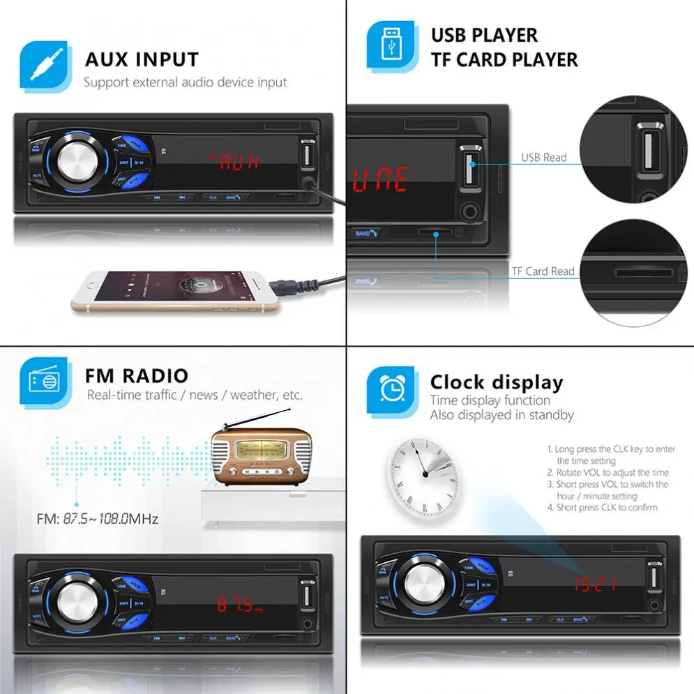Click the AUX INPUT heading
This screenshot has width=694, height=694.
coord(142,59)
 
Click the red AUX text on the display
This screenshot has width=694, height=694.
coord(235,162)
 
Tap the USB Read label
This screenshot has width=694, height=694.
coord(544,158)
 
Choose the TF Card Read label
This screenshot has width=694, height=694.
coord(543,271)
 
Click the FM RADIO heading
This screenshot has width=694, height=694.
coord(137,376)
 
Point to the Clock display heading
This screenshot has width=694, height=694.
coord(496,382)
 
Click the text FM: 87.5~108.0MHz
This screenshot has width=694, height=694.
coord(98,519)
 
